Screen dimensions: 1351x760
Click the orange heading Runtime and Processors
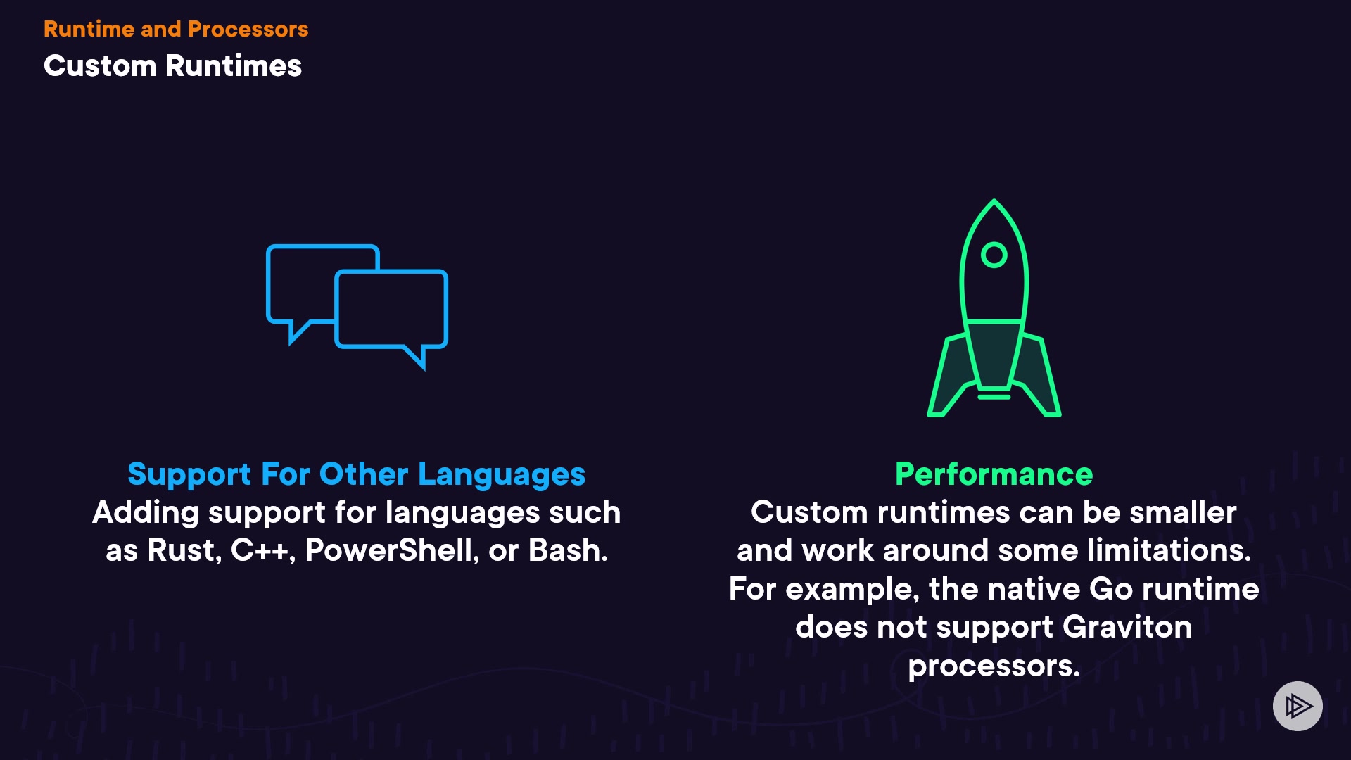(176, 29)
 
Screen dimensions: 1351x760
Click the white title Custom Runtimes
(172, 65)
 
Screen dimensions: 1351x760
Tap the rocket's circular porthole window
(994, 255)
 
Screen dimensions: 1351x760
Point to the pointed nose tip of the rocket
(994, 200)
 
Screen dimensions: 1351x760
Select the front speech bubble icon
(391, 317)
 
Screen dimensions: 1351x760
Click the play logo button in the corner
(1298, 706)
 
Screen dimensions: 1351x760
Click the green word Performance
(994, 474)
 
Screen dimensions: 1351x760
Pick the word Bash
(568, 550)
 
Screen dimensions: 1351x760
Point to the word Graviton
(1127, 626)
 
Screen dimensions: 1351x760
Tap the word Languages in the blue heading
(502, 475)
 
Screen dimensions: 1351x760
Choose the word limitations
(1169, 550)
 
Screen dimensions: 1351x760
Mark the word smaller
(1183, 512)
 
